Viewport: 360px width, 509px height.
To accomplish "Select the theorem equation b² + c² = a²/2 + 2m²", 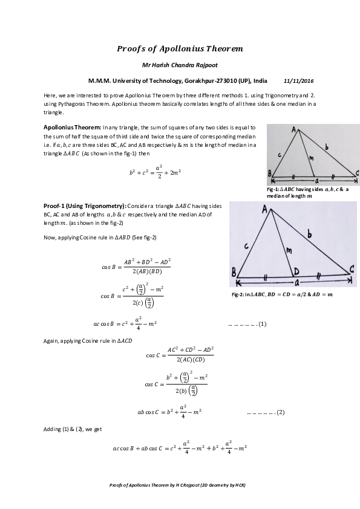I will pos(155,172).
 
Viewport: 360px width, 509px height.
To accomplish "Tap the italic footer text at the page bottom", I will pos(180,485).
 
